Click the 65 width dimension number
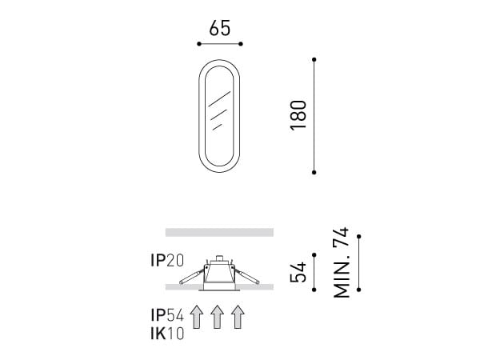[x=219, y=28]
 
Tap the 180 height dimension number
[x=298, y=115]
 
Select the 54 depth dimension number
[x=298, y=272]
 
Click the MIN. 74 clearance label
[x=341, y=262]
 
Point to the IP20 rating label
[x=167, y=261]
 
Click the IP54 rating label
[x=167, y=315]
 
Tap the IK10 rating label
[x=167, y=334]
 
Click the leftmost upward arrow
[x=197, y=317]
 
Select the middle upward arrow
[x=217, y=317]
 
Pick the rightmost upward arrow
[x=238, y=317]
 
